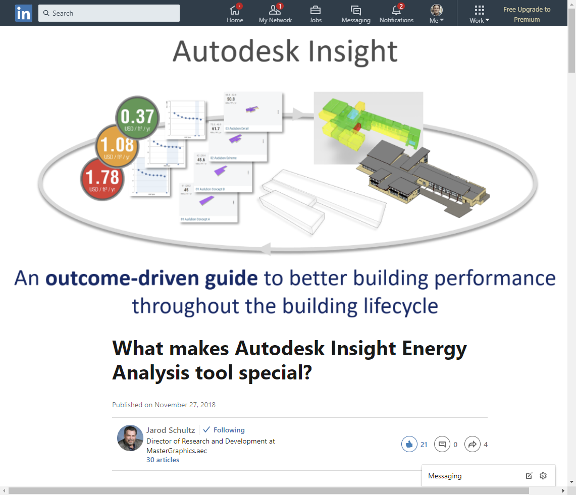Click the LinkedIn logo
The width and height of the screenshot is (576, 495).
pyautogui.click(x=23, y=13)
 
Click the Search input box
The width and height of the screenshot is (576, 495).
pyautogui.click(x=109, y=13)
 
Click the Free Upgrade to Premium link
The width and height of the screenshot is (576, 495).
pyautogui.click(x=527, y=14)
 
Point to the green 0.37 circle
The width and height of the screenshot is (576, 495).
pyautogui.click(x=137, y=118)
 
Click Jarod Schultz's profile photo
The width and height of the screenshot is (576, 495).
pyautogui.click(x=130, y=438)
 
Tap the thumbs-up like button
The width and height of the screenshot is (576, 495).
pyautogui.click(x=409, y=445)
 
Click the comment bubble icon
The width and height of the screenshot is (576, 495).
pyautogui.click(x=442, y=445)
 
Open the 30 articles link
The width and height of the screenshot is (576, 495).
pyautogui.click(x=163, y=460)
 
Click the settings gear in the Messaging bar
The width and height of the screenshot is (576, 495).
pyautogui.click(x=543, y=476)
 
